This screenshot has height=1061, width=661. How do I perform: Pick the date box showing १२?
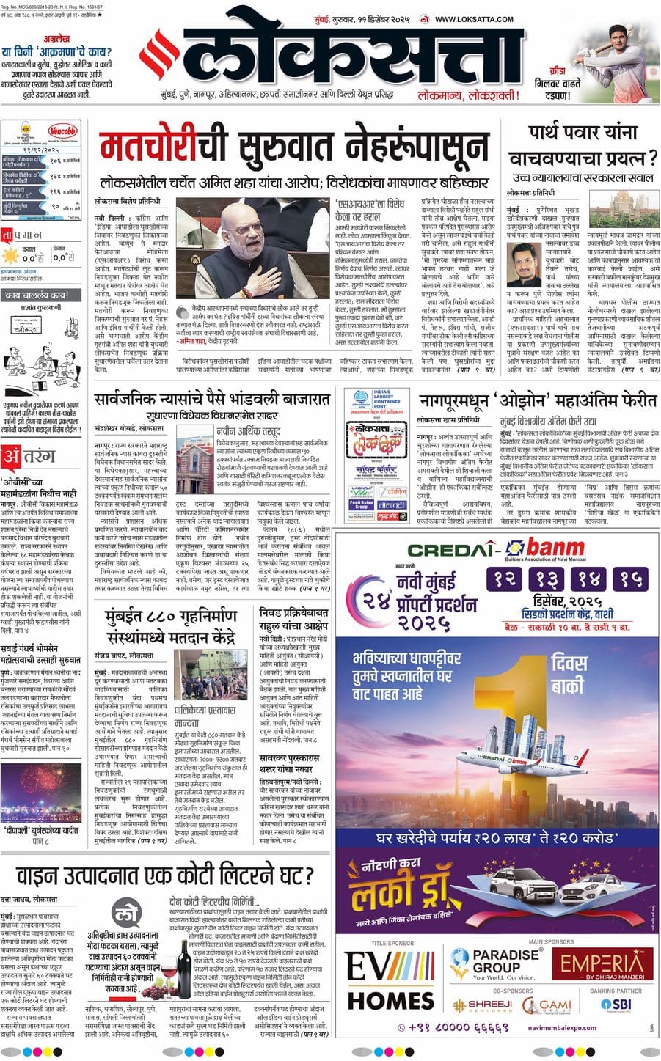(505, 579)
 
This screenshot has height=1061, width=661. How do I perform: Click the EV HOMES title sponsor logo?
(390, 983)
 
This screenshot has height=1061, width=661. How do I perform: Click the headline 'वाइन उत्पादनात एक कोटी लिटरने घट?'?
(157, 875)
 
